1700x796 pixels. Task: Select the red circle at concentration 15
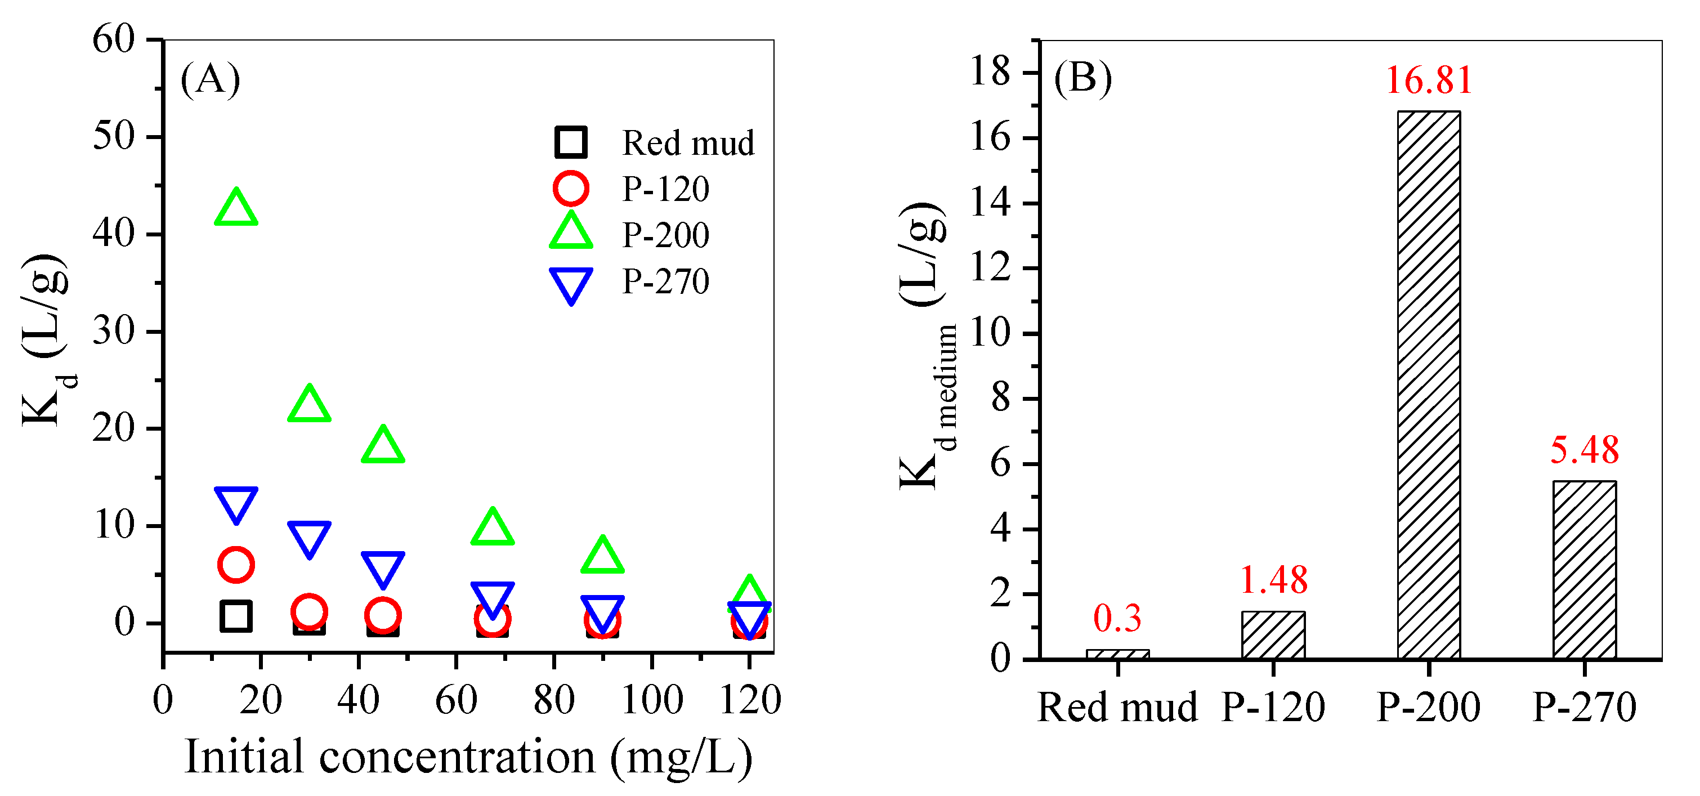(236, 564)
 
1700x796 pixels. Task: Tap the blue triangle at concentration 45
(383, 567)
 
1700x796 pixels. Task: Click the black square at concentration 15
(236, 616)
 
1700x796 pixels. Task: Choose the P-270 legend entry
(665, 282)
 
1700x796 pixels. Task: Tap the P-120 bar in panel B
(1273, 634)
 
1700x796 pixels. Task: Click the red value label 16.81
(1429, 81)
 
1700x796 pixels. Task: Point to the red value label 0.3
(1117, 619)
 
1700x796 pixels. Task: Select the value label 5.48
(1584, 450)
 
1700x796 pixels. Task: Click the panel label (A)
(210, 79)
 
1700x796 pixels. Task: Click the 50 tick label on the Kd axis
(114, 137)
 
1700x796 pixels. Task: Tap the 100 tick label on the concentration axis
(652, 700)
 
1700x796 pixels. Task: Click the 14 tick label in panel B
(990, 202)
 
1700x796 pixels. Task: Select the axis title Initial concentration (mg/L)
(468, 757)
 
